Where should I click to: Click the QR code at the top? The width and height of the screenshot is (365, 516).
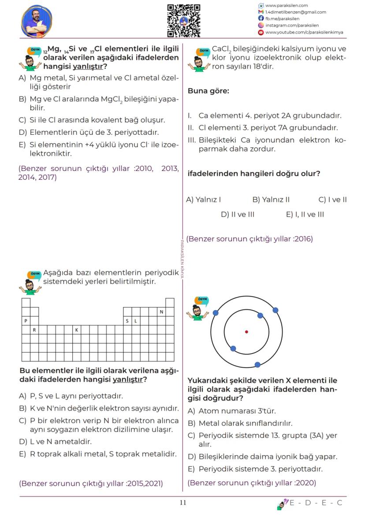[x=183, y=20]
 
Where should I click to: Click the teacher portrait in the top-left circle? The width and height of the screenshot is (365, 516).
[x=37, y=21]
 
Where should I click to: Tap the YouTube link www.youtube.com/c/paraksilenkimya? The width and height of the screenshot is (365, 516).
[x=304, y=32]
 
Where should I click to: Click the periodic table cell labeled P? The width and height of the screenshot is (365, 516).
[x=26, y=321]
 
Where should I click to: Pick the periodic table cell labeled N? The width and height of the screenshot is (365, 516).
[x=161, y=312]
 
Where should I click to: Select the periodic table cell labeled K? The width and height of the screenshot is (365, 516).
[x=76, y=330]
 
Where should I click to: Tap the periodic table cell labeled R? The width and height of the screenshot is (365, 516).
[x=34, y=330]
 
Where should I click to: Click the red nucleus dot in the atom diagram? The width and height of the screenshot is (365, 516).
[x=246, y=332]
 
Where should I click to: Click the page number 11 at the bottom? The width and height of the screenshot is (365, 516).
[x=183, y=503]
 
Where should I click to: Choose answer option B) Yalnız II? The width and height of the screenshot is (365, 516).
[x=271, y=200]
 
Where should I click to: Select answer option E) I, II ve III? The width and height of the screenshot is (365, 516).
[x=305, y=215]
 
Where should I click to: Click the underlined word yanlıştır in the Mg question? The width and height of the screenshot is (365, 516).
[x=88, y=67]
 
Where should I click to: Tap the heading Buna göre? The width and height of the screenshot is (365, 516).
[x=209, y=91]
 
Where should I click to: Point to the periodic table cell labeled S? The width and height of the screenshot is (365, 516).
[x=127, y=321]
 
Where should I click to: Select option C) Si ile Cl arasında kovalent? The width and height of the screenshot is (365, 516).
[x=92, y=120]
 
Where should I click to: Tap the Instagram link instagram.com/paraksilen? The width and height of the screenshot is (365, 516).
[x=292, y=26]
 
